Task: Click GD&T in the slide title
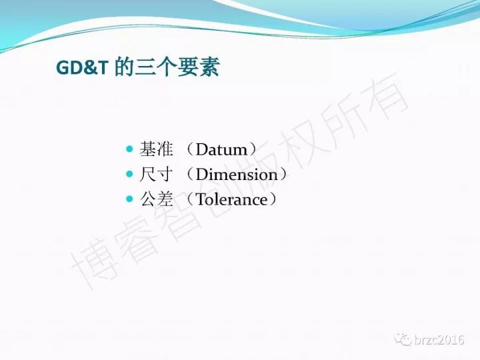(83, 67)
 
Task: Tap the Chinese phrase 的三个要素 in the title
(167, 67)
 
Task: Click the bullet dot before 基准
(130, 149)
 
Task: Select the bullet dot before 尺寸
(130, 174)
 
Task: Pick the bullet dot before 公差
(130, 199)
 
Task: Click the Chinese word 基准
(156, 149)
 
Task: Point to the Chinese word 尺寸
(156, 174)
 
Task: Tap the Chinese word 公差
(156, 199)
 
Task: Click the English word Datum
(221, 149)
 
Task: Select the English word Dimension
(237, 175)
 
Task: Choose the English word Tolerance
(231, 199)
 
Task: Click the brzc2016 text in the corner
(439, 340)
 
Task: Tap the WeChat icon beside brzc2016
(403, 340)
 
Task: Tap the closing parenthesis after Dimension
(283, 175)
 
